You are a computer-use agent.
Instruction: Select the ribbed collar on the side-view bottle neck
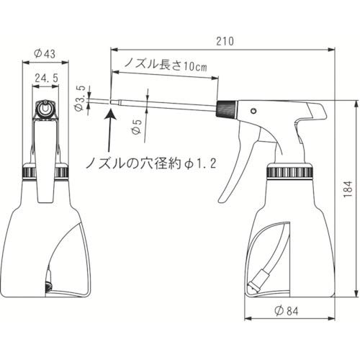[290, 172]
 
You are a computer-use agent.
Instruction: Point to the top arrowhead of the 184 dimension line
[357, 105]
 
